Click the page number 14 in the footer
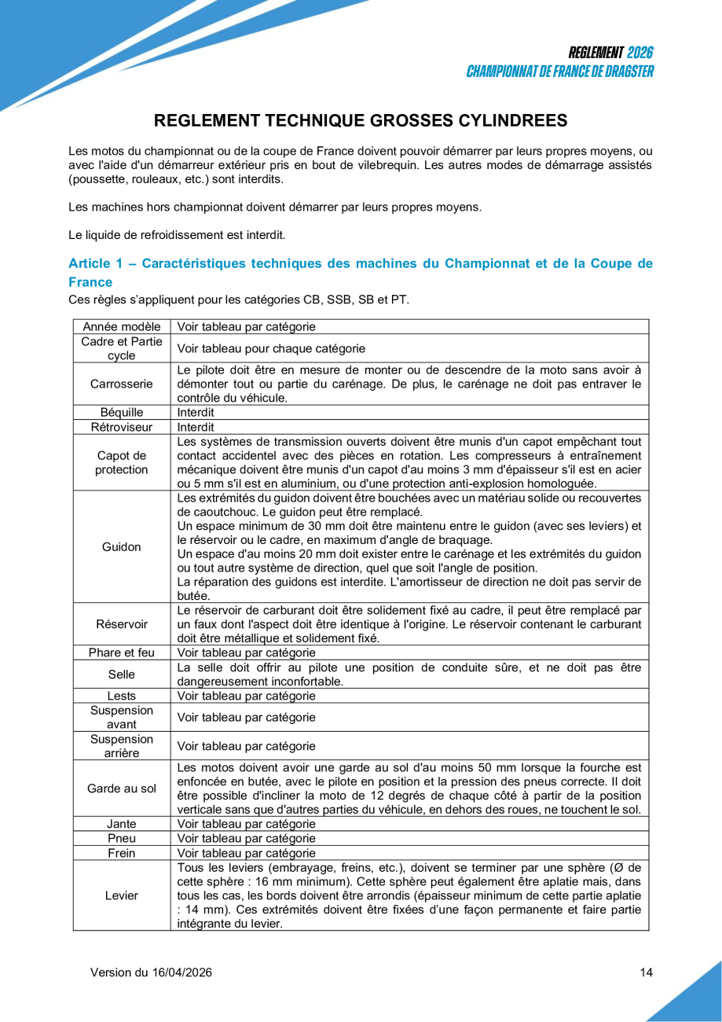pos(646,972)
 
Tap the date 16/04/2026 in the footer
pos(180,972)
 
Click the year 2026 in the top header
pos(640,53)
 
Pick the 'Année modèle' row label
pos(121,326)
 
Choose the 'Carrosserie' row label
pos(121,384)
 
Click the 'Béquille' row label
pos(121,412)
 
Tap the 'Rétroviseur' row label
pos(121,427)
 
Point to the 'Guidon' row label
pos(121,546)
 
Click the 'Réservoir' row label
pos(121,623)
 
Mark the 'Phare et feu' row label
pos(121,652)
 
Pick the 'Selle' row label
pos(121,674)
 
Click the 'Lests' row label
pos(121,696)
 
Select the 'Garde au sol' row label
pos(121,788)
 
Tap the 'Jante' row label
pos(121,824)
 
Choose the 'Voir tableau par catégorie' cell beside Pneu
pos(247,838)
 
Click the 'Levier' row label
pos(121,895)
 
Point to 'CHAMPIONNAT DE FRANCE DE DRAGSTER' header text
pos(559,72)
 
